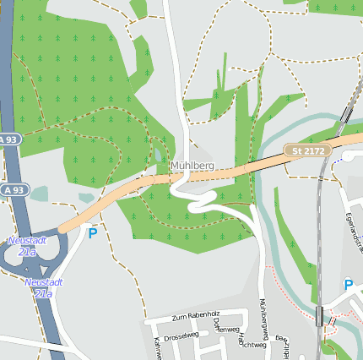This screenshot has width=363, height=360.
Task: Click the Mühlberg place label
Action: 192,165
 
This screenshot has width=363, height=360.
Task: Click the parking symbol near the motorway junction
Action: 92,232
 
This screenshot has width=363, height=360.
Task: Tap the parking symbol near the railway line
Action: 348,284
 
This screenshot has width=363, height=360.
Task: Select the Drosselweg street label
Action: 181,335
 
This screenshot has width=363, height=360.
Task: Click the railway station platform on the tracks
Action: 318,316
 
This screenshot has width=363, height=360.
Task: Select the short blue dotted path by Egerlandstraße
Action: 339,158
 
